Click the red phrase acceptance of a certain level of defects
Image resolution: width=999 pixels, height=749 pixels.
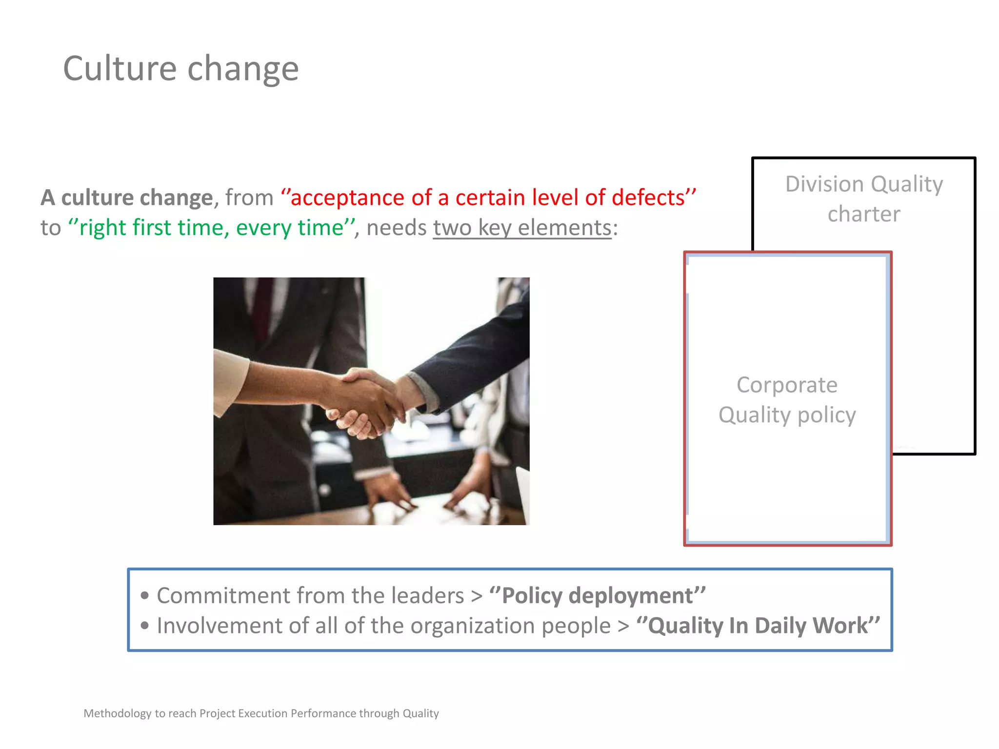pos(488,198)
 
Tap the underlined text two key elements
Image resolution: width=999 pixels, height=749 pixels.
pos(522,228)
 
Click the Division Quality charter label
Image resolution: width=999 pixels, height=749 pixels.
pos(864,199)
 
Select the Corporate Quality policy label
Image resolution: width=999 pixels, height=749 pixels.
pos(787,400)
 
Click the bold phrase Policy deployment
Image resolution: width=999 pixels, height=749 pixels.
pos(598,595)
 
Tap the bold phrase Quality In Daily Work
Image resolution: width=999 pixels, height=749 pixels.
pos(758,626)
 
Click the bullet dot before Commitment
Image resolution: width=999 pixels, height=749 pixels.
pos(144,595)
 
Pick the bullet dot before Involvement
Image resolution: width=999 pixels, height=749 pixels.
pos(144,626)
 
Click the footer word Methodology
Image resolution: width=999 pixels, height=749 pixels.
pos(117,713)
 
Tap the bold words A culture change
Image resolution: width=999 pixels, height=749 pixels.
pos(127,198)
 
